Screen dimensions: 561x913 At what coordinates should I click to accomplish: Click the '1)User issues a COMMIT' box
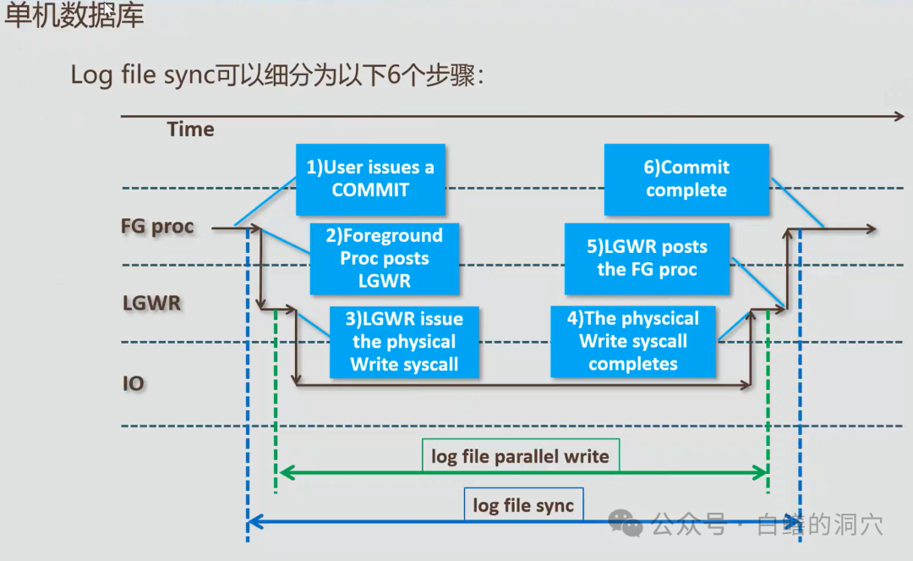click(370, 179)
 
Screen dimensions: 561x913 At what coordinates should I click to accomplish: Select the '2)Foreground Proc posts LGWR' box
click(385, 258)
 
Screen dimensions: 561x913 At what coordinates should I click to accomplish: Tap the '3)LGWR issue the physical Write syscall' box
click(404, 342)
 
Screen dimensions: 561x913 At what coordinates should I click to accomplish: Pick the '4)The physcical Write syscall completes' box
click(633, 341)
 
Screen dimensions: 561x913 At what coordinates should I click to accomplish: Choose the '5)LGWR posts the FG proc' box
click(647, 258)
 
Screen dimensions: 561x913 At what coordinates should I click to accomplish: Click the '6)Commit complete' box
click(686, 179)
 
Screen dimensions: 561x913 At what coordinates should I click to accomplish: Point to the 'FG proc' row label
click(157, 227)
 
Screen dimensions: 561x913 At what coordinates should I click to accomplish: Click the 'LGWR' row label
click(151, 303)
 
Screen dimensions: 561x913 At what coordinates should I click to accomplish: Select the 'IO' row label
click(134, 383)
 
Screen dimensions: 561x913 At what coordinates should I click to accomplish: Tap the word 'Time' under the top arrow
click(190, 129)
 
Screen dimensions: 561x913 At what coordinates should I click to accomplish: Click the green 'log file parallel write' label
click(520, 456)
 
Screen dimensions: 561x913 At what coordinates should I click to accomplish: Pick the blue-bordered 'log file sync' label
click(523, 505)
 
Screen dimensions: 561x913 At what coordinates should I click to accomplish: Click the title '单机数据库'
click(74, 18)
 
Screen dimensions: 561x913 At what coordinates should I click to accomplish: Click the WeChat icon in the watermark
click(626, 523)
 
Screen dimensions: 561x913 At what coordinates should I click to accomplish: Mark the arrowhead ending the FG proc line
click(872, 228)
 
